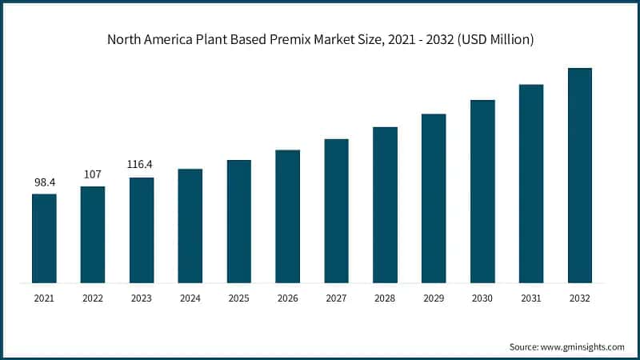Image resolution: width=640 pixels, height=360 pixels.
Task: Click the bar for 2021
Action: tap(44, 238)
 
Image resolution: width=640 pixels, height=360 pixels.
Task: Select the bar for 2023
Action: tap(142, 230)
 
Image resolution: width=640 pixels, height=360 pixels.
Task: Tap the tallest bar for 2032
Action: tap(580, 175)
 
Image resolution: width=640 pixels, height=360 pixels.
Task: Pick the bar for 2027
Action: tap(336, 210)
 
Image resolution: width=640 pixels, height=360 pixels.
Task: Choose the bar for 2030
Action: tap(482, 191)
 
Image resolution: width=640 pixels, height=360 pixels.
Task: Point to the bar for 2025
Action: tap(239, 221)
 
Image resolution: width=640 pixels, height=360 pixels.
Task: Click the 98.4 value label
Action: tap(44, 182)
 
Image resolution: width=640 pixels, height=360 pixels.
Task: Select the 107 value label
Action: tap(93, 174)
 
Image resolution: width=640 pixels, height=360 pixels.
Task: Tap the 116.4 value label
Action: tap(142, 165)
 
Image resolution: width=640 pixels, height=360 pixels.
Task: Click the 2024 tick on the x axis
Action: tap(190, 298)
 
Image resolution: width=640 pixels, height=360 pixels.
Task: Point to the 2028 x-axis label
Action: tap(385, 298)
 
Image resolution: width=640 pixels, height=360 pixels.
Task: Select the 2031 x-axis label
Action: tap(531, 298)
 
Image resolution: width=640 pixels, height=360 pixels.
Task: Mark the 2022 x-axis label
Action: tap(93, 298)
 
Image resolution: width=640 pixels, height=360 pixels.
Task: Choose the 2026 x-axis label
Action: tap(287, 298)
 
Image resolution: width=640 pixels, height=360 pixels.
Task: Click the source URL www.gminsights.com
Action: tap(583, 346)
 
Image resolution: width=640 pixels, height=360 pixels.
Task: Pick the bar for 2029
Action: tap(434, 198)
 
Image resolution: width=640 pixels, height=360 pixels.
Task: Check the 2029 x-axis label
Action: tap(434, 298)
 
